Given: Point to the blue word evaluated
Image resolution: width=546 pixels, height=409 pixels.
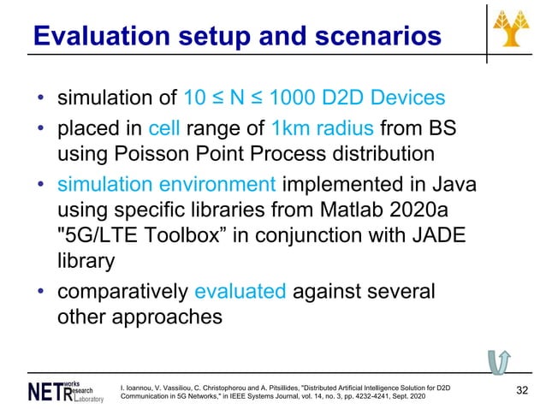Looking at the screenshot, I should pyautogui.click(x=240, y=291).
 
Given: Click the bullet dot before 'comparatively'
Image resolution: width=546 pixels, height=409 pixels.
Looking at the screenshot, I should pyautogui.click(x=41, y=292).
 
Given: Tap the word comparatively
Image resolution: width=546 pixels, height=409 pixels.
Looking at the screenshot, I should pyautogui.click(x=123, y=291).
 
